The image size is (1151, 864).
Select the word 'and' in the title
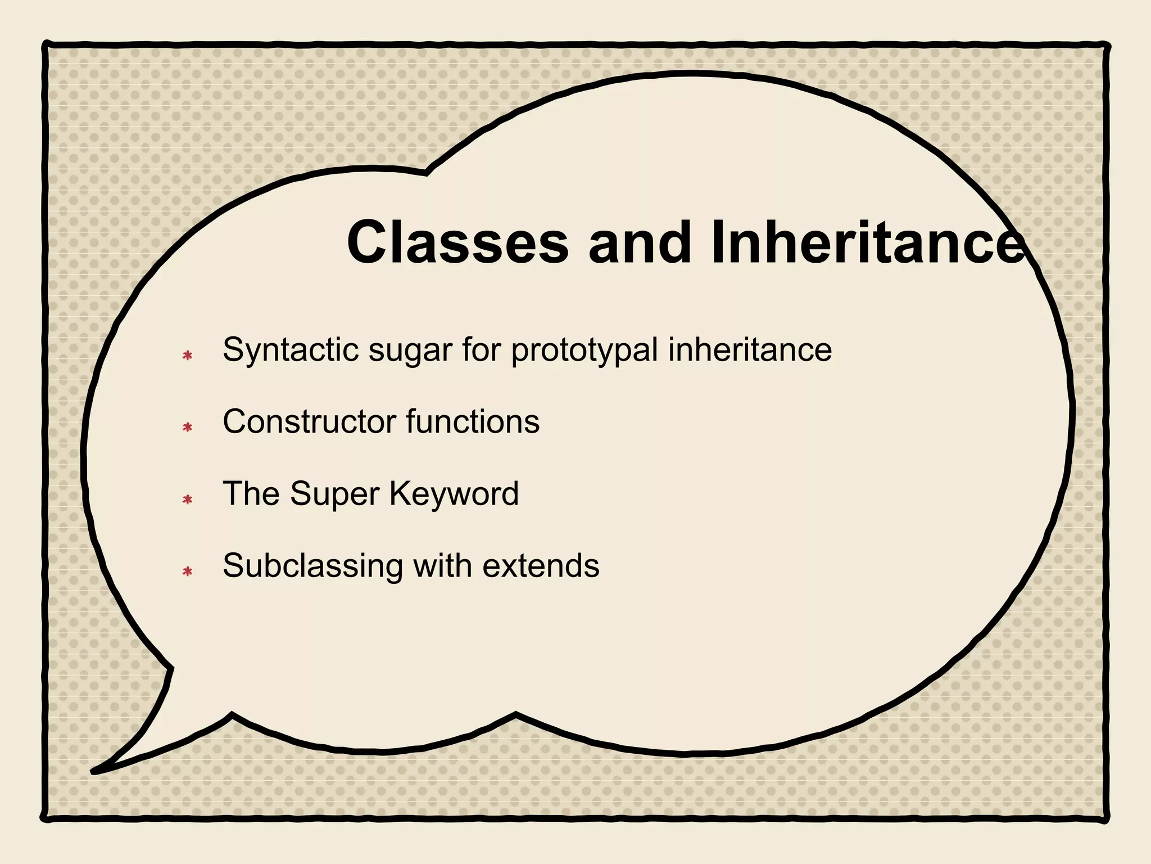(639, 243)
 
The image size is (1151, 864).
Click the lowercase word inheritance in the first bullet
(750, 350)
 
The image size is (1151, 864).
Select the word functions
(473, 421)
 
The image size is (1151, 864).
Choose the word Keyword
(454, 494)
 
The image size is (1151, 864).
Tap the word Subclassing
(313, 566)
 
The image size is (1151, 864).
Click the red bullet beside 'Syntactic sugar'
(188, 355)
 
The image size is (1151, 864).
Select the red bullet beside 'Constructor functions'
(188, 427)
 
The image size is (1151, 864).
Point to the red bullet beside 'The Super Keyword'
(188, 499)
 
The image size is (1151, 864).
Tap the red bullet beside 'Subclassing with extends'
(188, 571)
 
